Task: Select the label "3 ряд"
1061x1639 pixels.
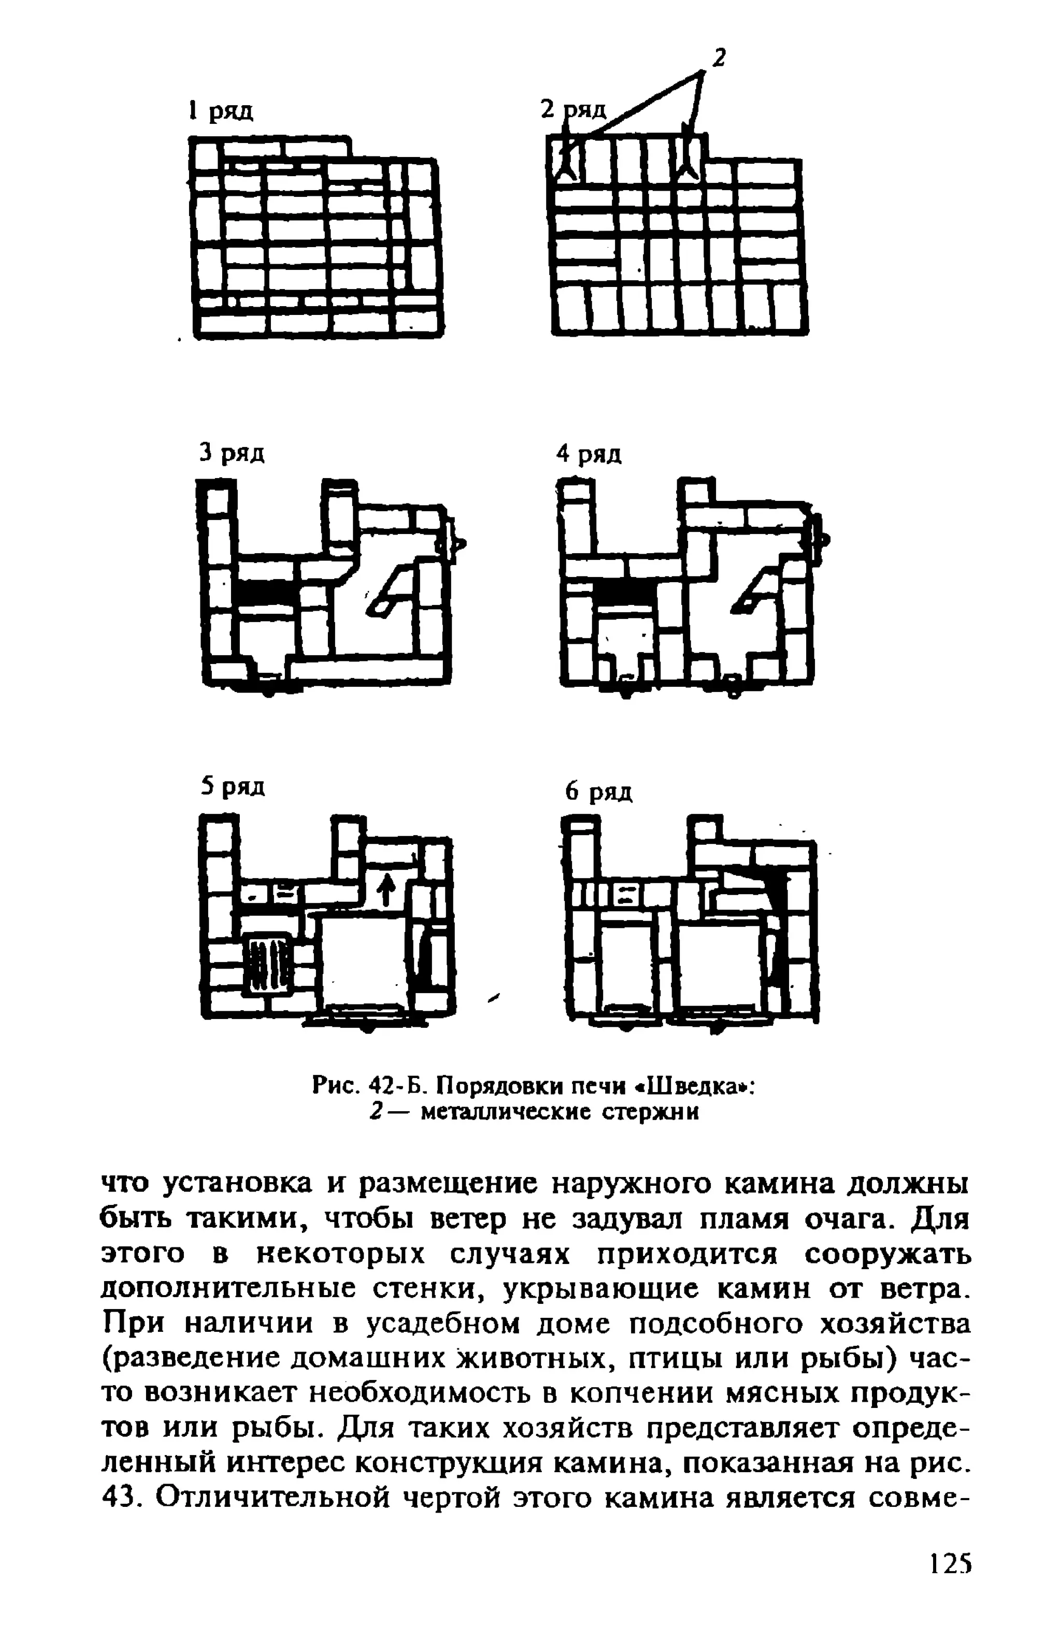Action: pos(232,453)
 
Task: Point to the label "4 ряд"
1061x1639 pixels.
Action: pos(589,454)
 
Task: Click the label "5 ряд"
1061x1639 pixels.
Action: pos(233,786)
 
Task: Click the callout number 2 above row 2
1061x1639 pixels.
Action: pos(719,59)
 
